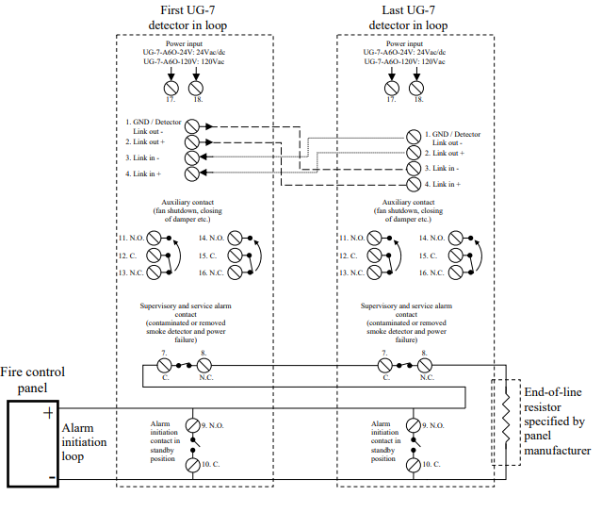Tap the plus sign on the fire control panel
tap(46, 413)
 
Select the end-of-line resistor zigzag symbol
tap(506, 421)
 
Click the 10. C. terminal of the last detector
tap(413, 466)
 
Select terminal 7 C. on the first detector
tap(164, 364)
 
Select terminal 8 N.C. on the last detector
tap(426, 364)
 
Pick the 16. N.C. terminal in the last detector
tap(460, 273)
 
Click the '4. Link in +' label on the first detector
tap(143, 173)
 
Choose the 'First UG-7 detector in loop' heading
tap(193, 16)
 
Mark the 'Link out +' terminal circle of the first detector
tap(192, 140)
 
